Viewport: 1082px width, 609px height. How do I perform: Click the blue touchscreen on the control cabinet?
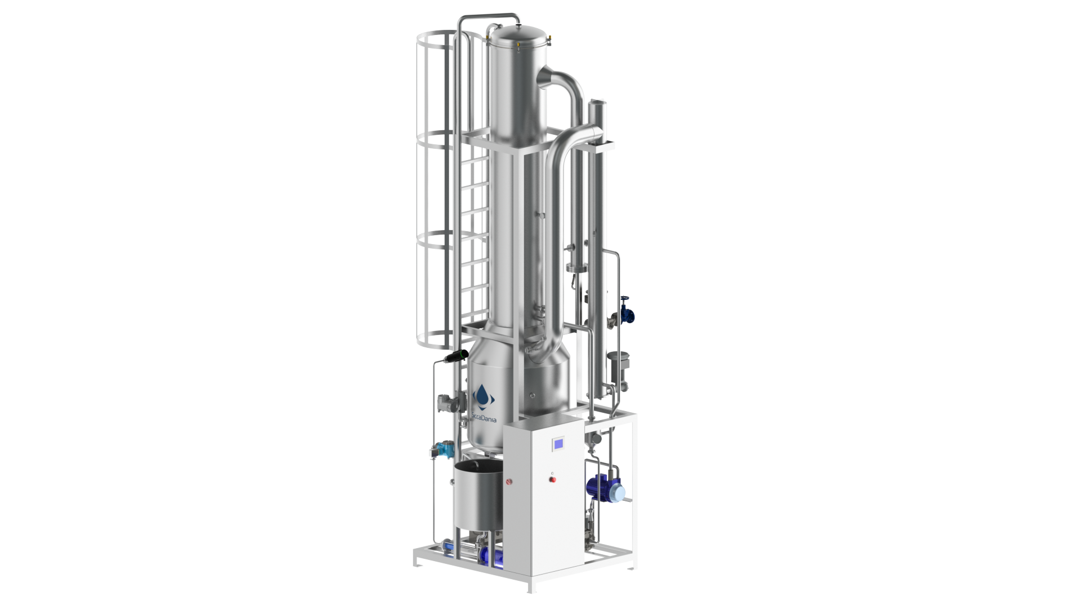click(558, 444)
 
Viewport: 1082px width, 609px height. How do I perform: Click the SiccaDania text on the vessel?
click(484, 418)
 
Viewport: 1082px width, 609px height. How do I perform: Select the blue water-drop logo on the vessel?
click(484, 396)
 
